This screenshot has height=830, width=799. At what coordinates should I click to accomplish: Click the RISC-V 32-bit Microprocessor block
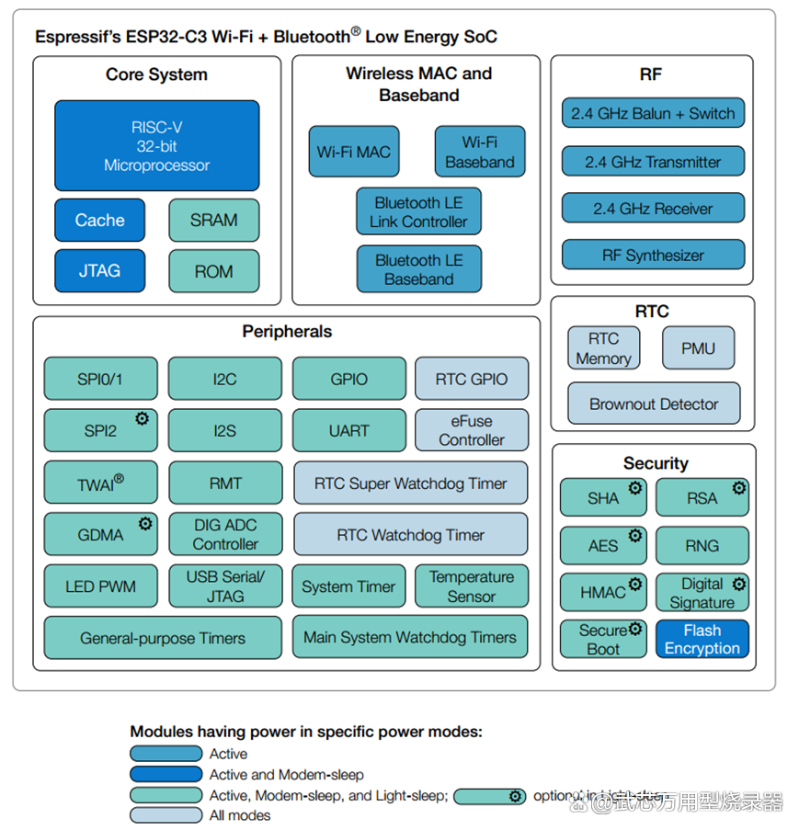(156, 146)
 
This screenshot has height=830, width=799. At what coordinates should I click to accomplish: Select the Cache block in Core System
(99, 221)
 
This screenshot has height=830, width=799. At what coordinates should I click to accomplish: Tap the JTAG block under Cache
(99, 271)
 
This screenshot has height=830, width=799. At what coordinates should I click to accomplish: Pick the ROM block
(213, 271)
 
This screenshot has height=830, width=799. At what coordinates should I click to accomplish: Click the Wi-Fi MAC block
(353, 152)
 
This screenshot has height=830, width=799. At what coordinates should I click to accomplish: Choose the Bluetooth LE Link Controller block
(418, 212)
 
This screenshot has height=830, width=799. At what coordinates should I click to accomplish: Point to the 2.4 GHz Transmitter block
(653, 162)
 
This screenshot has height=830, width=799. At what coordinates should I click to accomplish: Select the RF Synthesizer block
(653, 256)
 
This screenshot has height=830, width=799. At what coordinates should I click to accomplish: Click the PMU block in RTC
(698, 348)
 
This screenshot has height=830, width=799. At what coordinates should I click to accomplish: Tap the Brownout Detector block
(653, 404)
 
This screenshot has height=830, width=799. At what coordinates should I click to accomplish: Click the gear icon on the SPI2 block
(143, 418)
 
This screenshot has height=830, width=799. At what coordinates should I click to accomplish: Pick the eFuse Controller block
(472, 430)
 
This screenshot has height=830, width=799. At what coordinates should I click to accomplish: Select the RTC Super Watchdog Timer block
(411, 483)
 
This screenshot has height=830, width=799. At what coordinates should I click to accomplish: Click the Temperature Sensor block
(472, 586)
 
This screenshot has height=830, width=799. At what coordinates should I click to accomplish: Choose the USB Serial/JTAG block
(225, 586)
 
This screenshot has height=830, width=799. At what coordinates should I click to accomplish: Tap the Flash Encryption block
(702, 639)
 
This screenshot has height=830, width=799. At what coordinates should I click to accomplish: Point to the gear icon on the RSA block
(738, 488)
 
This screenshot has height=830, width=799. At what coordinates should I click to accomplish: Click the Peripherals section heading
(287, 332)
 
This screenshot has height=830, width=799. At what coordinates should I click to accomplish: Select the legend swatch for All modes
(166, 814)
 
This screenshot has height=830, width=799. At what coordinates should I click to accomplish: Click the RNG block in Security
(702, 545)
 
